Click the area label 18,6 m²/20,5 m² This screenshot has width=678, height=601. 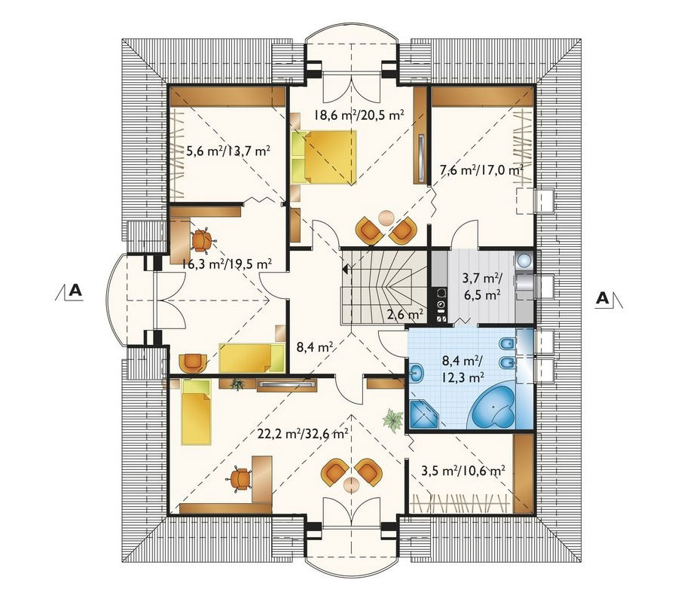[x=359, y=115]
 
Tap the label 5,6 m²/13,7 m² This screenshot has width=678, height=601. [x=228, y=151]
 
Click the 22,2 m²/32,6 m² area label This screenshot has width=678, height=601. [x=303, y=434]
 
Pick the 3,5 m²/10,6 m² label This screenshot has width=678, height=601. [x=463, y=471]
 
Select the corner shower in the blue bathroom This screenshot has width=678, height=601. [x=423, y=414]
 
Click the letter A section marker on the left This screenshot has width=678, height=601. [x=75, y=290]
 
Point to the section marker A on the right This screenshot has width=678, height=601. [x=603, y=298]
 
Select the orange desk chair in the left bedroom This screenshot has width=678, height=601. [x=200, y=241]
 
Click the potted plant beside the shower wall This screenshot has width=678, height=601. [x=392, y=419]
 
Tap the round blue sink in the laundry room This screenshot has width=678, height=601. [x=524, y=260]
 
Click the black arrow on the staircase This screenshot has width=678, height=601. [x=345, y=270]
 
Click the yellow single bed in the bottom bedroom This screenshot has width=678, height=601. [x=196, y=412]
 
